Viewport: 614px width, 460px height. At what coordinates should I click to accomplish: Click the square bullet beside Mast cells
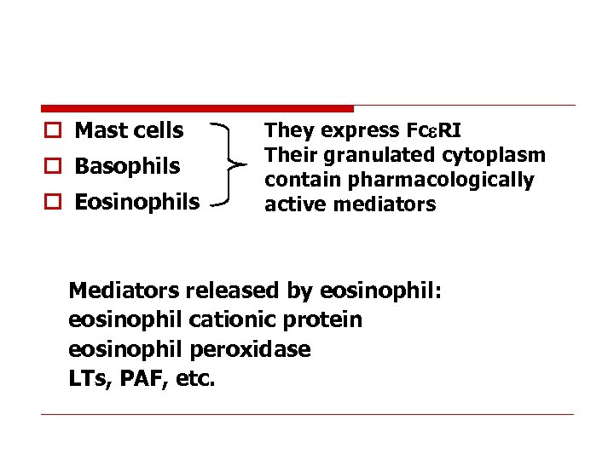coord(53,131)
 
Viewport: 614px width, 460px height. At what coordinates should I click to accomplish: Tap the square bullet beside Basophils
coord(53,167)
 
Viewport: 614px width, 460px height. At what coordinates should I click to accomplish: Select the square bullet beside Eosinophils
coord(53,203)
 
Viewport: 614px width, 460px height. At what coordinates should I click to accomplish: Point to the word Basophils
coord(127,166)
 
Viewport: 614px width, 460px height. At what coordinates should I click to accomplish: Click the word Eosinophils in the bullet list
coord(137,202)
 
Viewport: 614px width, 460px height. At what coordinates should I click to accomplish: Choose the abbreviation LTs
coord(85,378)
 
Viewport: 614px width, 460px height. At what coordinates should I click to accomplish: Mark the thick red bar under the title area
coord(197,108)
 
